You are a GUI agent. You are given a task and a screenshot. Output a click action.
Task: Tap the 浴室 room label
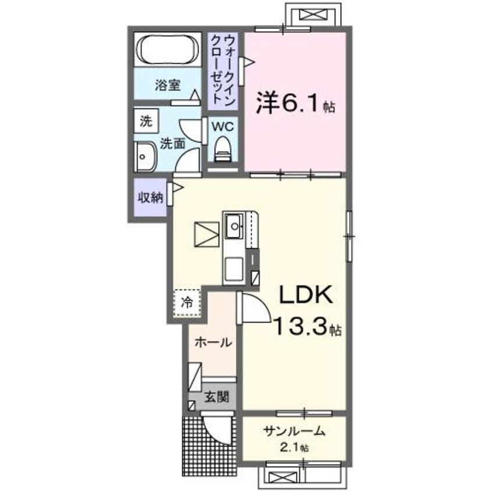pos(167,86)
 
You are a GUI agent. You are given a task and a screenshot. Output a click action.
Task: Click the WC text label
pos(223,126)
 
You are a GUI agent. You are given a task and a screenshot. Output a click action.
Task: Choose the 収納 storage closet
pos(149,197)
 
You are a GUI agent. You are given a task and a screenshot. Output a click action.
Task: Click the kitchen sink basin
pos(235,223)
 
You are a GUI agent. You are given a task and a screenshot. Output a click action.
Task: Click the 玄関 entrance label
pos(216,398)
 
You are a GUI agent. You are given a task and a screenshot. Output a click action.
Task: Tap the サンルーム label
pos(294,432)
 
